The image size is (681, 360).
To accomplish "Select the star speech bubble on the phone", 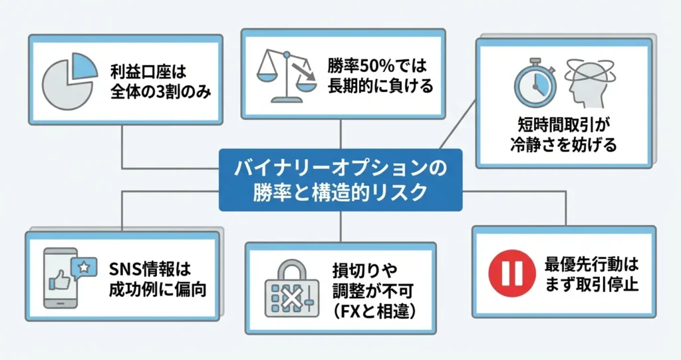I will (84, 266).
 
